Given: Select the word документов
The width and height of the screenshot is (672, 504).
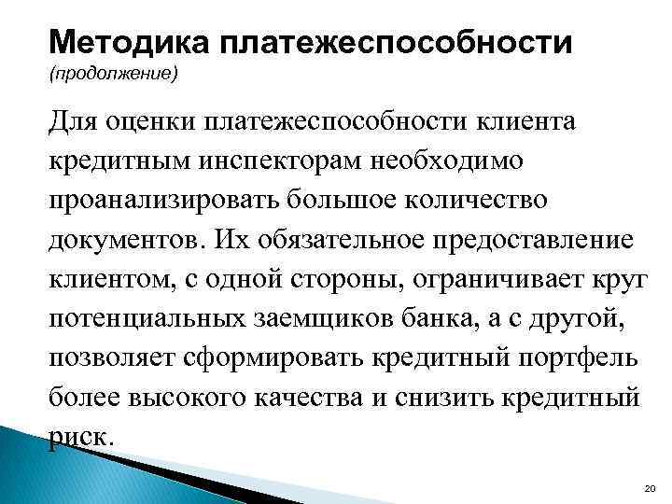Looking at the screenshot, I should click(x=118, y=240).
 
